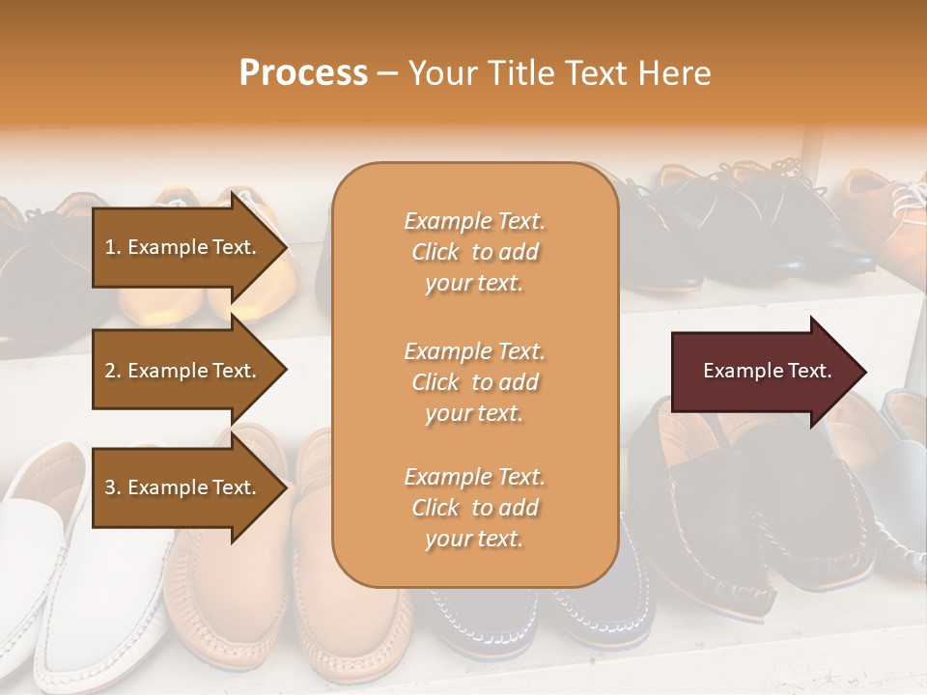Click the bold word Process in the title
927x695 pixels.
click(x=303, y=73)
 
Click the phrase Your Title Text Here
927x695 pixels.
click(x=559, y=73)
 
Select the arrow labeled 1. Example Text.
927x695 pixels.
click(x=183, y=247)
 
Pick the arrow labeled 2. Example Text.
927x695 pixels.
click(x=183, y=371)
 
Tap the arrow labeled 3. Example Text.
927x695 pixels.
click(x=183, y=487)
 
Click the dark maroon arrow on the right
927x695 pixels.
click(x=763, y=371)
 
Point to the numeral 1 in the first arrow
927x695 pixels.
click(x=110, y=247)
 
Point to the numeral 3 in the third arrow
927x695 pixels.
click(x=110, y=487)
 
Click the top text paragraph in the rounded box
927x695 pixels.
click(x=474, y=252)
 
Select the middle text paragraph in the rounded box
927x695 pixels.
click(x=474, y=382)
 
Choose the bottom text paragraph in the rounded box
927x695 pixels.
click(x=474, y=508)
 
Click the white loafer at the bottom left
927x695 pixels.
click(x=58, y=579)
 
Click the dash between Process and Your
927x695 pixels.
click(x=387, y=73)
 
